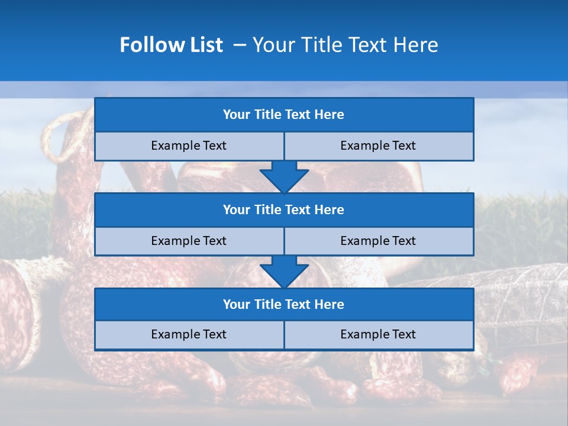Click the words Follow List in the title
click(x=171, y=45)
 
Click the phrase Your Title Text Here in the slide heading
click(x=345, y=45)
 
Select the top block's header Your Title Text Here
click(x=283, y=115)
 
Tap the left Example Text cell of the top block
click(x=189, y=146)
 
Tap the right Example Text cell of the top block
click(x=378, y=146)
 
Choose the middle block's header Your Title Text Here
click(x=283, y=209)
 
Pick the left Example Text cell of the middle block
click(x=189, y=241)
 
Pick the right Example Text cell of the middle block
click(x=378, y=241)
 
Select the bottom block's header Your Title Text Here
click(x=283, y=304)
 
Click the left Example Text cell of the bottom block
click(x=189, y=334)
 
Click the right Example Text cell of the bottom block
click(x=378, y=334)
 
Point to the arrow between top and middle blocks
click(x=284, y=177)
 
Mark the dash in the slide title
click(x=240, y=45)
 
